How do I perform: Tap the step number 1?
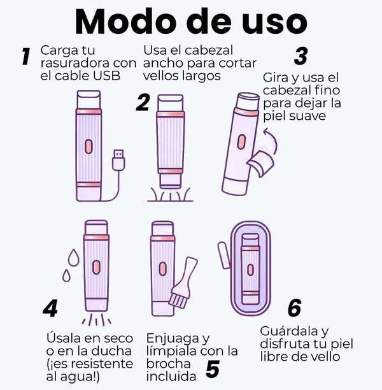click(x=26, y=57)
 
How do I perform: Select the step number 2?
click(x=143, y=102)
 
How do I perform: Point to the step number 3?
click(x=301, y=56)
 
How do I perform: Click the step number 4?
click(x=50, y=308)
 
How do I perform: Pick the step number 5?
click(x=213, y=369)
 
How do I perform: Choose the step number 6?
click(x=295, y=308)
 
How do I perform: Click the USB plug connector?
click(x=118, y=160)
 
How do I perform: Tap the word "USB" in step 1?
click(x=107, y=76)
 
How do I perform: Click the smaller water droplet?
click(x=66, y=275)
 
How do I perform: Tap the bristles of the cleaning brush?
click(x=177, y=300)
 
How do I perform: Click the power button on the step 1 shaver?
click(x=88, y=147)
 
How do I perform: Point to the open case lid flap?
click(x=224, y=255)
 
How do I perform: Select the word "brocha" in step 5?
click(x=168, y=364)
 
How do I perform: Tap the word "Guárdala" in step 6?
click(x=288, y=331)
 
